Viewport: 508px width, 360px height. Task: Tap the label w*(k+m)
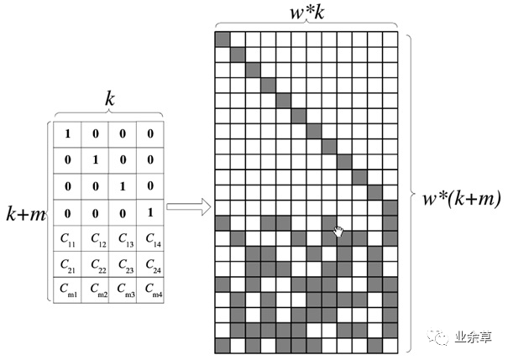pyautogui.click(x=462, y=199)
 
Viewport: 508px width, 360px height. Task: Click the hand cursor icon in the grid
pyautogui.click(x=338, y=231)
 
